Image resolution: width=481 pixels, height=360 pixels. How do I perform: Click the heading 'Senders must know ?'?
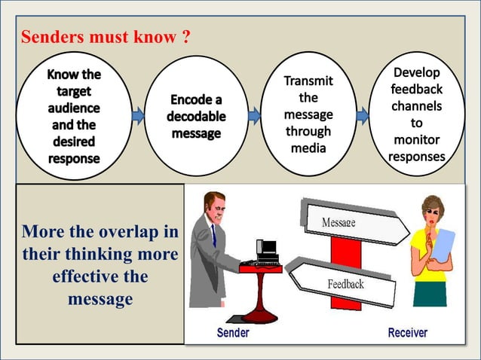106,36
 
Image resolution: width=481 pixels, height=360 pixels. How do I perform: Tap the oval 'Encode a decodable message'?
195,116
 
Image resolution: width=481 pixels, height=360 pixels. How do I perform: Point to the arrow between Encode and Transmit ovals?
254,116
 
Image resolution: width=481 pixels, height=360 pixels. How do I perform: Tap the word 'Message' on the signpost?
339,223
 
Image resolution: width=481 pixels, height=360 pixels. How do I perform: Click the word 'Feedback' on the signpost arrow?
345,284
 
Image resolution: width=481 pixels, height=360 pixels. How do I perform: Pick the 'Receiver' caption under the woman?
407,332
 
